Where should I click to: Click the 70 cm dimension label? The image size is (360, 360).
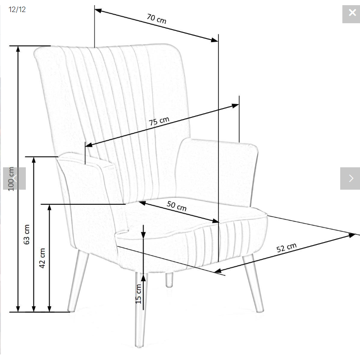coord(156,19)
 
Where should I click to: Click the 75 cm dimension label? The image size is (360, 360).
coord(159,121)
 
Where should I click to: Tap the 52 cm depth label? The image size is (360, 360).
coord(286,249)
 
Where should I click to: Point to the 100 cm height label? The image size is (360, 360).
coord(11,178)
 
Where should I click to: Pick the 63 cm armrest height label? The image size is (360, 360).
coord(27,234)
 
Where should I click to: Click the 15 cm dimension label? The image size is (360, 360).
coord(138,294)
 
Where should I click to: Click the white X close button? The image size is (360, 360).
coord(351,13)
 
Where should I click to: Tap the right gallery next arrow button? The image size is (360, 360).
coord(350,178)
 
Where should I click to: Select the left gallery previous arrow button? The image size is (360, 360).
coord(14,178)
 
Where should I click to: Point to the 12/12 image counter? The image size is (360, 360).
coord(17,9)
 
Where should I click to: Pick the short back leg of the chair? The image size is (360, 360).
coord(169,280)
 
